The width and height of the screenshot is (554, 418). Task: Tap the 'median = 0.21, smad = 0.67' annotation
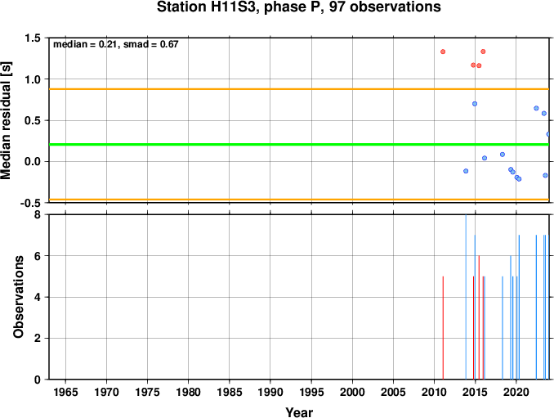[x=116, y=44]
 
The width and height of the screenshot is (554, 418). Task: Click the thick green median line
[x=299, y=144]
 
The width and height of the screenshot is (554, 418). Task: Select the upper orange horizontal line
[x=299, y=89]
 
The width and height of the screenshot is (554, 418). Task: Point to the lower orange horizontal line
[x=299, y=200]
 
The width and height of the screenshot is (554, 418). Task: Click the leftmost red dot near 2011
[x=443, y=52]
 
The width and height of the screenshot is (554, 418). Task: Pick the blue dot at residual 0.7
[x=475, y=104]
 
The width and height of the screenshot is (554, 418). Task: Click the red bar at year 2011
[x=443, y=328]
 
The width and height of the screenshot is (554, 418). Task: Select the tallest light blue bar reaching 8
[x=466, y=297]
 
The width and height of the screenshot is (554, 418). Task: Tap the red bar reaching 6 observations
[x=479, y=317]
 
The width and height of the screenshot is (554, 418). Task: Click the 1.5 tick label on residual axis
[x=33, y=38]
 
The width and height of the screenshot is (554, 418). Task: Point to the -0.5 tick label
[x=30, y=203]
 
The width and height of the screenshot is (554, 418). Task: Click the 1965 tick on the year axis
[x=65, y=392]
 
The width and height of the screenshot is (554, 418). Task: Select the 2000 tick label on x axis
[x=353, y=392]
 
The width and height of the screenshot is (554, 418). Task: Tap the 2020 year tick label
[x=516, y=392]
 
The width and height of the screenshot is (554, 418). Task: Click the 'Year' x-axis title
[x=299, y=412]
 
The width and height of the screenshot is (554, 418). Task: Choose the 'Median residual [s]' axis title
[x=6, y=120]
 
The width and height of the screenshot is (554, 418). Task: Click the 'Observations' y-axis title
[x=18, y=297]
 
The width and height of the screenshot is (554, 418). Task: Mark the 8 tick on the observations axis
[x=37, y=214]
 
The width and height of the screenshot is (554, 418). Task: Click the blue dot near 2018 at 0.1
[x=503, y=154]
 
